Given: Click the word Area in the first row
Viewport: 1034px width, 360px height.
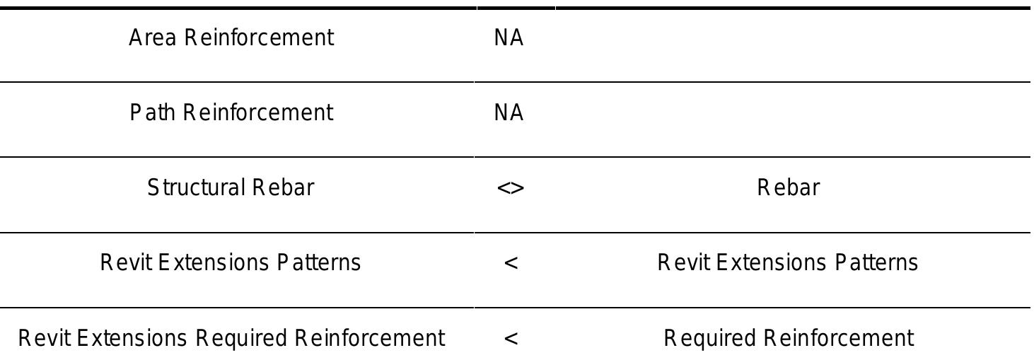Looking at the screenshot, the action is click(152, 37).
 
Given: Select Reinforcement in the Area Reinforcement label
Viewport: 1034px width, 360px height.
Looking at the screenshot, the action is click(259, 37).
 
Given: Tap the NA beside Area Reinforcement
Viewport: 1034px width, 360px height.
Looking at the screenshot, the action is click(509, 38).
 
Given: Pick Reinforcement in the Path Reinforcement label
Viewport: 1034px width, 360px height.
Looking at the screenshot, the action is click(258, 112).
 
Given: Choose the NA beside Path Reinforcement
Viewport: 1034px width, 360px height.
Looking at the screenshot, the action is click(509, 113).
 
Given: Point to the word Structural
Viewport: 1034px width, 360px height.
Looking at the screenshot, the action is click(195, 188).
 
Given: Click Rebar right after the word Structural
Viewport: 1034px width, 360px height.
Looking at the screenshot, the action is click(283, 188).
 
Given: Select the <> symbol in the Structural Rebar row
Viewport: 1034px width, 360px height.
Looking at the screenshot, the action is click(511, 188).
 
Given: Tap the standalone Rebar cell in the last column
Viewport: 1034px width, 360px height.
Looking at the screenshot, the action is click(789, 188).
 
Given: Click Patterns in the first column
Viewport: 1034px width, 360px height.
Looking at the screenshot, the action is click(318, 263).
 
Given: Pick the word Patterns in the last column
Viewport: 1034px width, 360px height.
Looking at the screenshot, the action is click(876, 263).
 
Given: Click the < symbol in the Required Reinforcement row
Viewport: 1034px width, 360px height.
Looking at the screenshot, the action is click(511, 339).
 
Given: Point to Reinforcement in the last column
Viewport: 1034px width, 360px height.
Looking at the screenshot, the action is click(839, 338).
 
